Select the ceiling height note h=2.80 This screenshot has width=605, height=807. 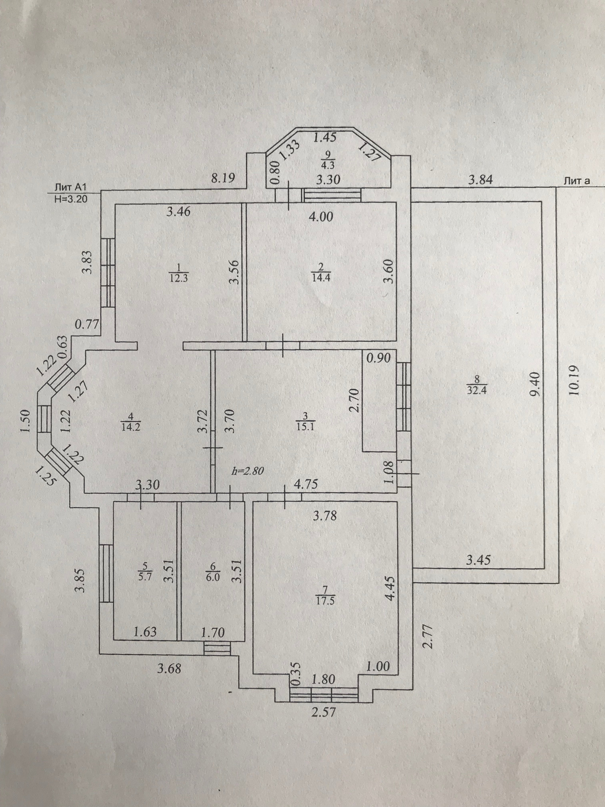click(x=248, y=471)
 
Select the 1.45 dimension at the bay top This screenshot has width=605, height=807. click(x=325, y=137)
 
